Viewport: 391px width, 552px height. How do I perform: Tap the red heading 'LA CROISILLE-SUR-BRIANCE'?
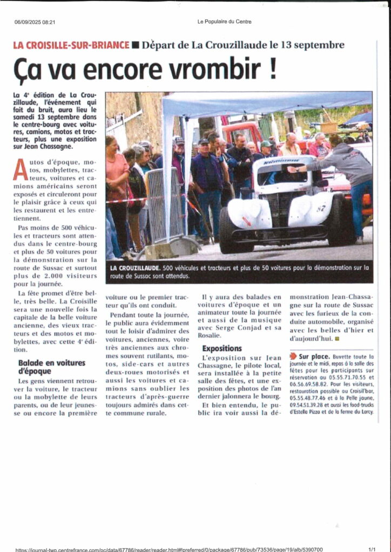coord(71,45)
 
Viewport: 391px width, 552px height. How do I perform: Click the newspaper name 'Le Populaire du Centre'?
coord(224,22)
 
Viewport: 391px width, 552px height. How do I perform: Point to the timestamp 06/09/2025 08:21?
coord(35,22)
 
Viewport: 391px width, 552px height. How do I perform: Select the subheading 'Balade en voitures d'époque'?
coord(52,367)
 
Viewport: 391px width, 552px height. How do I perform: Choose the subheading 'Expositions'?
coord(222,348)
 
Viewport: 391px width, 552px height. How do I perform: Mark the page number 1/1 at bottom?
coord(372,549)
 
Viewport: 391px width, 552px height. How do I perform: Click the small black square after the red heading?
coord(136,45)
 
